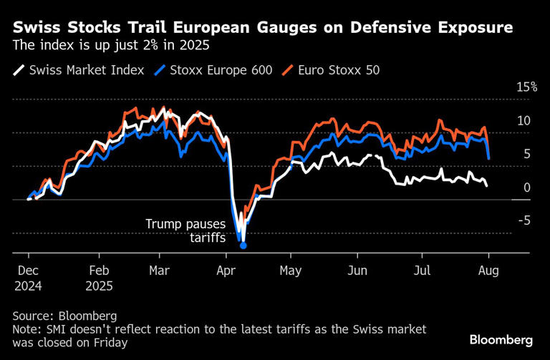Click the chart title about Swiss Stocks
pyautogui.click(x=263, y=28)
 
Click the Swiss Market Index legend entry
pyautogui.click(x=79, y=70)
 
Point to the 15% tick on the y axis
pyautogui.click(x=526, y=87)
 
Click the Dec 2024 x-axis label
pyautogui.click(x=29, y=278)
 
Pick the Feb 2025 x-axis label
pyautogui.click(x=99, y=278)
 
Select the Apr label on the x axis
pyautogui.click(x=226, y=272)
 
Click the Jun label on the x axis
pyautogui.click(x=356, y=272)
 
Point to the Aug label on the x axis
pyautogui.click(x=488, y=272)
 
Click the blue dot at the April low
pyautogui.click(x=243, y=245)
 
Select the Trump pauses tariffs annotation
pyautogui.click(x=185, y=230)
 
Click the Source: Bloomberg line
pyautogui.click(x=64, y=316)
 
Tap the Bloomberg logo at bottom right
pyautogui.click(x=501, y=339)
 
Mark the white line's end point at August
pyautogui.click(x=488, y=186)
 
